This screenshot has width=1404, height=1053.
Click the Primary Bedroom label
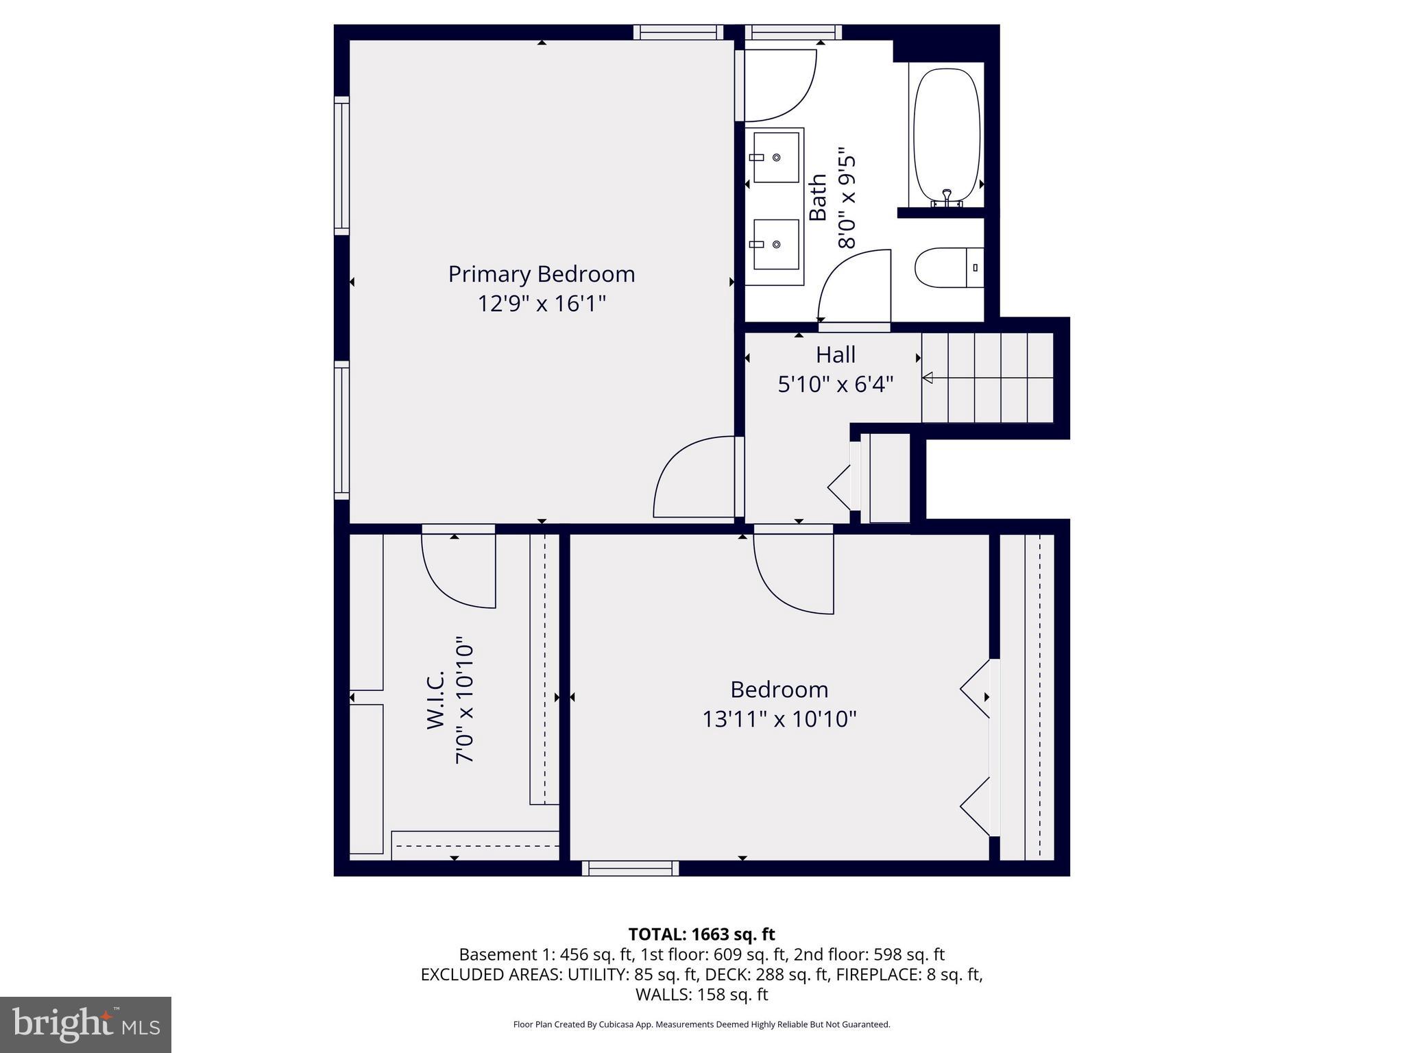(x=542, y=274)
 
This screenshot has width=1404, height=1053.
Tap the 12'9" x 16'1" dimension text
(x=542, y=303)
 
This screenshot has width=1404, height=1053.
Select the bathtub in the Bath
(x=947, y=134)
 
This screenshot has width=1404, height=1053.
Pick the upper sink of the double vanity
(x=775, y=158)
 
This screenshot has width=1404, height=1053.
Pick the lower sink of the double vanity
(x=775, y=245)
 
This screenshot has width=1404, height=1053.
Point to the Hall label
(x=835, y=355)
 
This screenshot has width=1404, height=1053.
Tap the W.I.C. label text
(x=436, y=699)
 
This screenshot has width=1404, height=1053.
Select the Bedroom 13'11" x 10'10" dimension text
(x=779, y=719)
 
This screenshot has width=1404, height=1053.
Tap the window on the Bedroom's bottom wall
(x=630, y=869)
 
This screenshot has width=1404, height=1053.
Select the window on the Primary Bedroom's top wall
(x=678, y=32)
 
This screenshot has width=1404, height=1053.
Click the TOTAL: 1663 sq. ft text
(x=701, y=934)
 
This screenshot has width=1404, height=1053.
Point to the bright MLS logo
(x=86, y=1024)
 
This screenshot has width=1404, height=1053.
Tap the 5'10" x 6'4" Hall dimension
(x=835, y=385)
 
